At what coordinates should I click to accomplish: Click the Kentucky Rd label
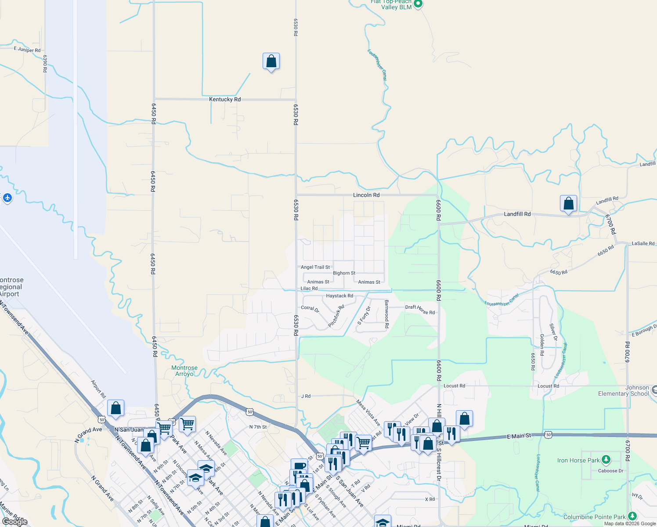pos(225,99)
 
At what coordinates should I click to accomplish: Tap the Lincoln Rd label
pos(366,195)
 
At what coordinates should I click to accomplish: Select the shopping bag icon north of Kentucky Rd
pos(271,61)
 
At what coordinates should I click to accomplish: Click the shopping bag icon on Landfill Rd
pos(568,204)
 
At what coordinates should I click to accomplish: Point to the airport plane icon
pos(7,198)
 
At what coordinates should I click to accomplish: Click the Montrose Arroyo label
pos(184,371)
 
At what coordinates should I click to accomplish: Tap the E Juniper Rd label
pos(27,49)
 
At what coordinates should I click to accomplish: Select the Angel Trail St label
pos(315,267)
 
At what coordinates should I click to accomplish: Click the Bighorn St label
pos(344,273)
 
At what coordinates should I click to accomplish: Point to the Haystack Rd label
pos(339,296)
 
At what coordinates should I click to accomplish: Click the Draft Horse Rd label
pos(420,310)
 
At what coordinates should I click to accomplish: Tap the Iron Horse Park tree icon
pos(606,460)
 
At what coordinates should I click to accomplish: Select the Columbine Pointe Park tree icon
pos(632,516)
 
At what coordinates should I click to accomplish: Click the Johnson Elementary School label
pos(624,390)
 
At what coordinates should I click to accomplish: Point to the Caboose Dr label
pos(610,471)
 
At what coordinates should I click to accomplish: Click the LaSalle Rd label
pos(643,243)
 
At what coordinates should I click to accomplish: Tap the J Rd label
pos(306,396)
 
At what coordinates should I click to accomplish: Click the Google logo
pos(15,521)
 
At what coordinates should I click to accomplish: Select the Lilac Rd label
pos(309,289)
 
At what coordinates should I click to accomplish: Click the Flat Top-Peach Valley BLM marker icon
pos(418,4)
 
